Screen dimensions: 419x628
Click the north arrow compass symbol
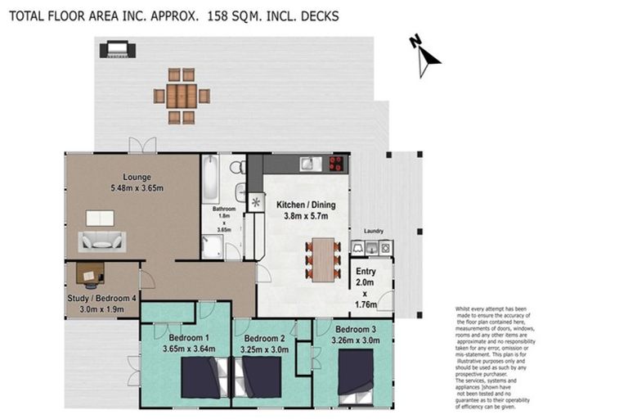[424, 55]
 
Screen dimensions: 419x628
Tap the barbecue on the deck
[117, 50]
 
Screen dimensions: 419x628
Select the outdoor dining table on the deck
[182, 96]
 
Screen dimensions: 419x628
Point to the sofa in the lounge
[102, 241]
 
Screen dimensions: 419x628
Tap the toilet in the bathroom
[236, 168]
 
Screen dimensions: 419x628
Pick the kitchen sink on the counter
[307, 164]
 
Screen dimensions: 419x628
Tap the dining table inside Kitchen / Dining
[325, 258]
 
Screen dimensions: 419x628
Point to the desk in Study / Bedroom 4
[91, 273]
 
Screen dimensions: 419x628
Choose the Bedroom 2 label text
[264, 338]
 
